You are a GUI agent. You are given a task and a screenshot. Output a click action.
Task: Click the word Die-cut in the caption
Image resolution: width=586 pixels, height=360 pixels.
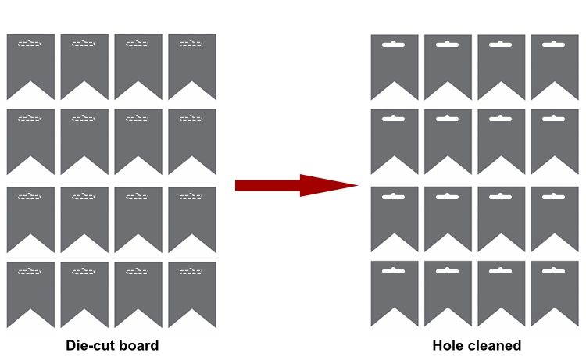[x=91, y=345]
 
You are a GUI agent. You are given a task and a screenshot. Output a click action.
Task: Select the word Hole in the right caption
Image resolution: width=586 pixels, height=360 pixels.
[x=448, y=345]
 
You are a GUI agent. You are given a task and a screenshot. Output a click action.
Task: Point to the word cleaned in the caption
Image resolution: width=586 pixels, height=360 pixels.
[x=495, y=345]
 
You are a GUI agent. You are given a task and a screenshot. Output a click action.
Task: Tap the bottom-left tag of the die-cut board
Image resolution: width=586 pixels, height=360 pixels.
[x=30, y=288]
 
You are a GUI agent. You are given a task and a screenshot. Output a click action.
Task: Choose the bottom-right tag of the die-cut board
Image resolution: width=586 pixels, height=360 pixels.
[x=192, y=288]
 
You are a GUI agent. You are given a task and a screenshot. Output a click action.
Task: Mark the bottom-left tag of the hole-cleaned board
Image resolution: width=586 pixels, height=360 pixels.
[x=395, y=288]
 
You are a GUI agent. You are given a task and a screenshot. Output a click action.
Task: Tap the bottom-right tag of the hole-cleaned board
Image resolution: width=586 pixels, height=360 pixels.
[x=555, y=288]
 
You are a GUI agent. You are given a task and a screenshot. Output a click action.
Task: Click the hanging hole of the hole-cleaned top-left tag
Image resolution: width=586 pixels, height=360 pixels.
[x=394, y=45]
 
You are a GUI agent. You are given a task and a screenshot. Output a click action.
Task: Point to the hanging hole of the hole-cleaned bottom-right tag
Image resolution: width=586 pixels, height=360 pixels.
[x=554, y=270]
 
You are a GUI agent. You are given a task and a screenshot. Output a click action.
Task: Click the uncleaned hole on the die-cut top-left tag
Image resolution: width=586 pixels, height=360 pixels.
[x=30, y=45]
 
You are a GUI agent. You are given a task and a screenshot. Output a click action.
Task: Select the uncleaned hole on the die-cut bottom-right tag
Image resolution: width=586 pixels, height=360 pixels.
[x=191, y=271]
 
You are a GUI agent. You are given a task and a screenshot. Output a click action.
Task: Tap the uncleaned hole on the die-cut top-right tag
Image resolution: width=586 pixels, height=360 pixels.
[x=191, y=45]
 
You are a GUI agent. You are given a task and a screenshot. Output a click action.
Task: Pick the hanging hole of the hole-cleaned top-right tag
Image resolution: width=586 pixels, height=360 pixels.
[x=554, y=45]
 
